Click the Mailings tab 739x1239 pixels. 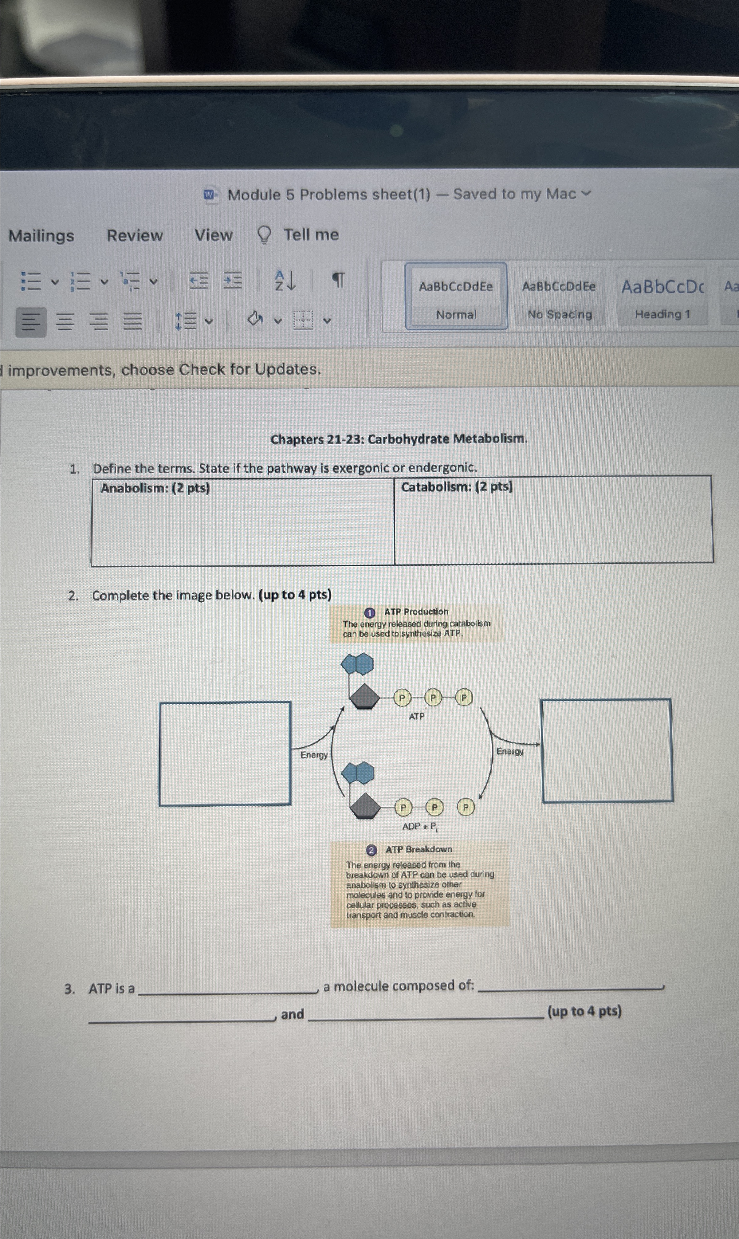pos(41,236)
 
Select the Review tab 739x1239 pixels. pos(135,235)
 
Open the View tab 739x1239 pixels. pos(213,234)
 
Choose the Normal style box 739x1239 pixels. pos(456,297)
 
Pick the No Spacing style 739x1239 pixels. pos(559,297)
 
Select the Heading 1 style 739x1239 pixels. pos(662,297)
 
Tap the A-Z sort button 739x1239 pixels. pos(285,280)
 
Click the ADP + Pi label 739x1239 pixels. pos(420,827)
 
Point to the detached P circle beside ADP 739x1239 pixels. pos(466,807)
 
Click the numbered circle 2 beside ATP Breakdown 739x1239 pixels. pos(371,850)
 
